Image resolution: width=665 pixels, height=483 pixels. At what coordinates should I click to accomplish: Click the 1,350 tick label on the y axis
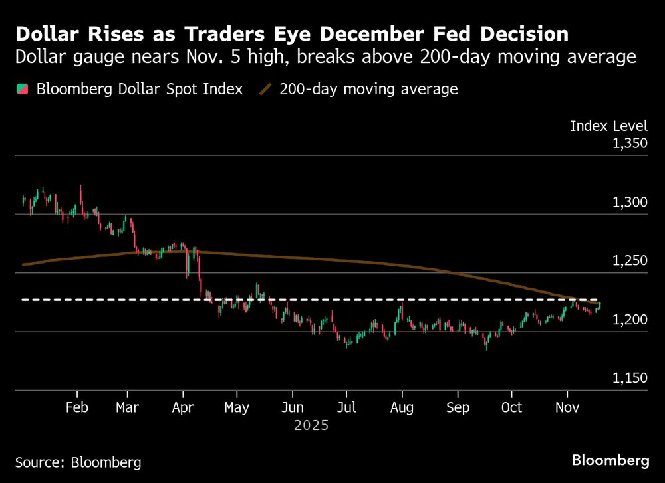[x=630, y=143]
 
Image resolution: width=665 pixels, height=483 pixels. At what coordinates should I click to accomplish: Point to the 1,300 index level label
[x=630, y=202]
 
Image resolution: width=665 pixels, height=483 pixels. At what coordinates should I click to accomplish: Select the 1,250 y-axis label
[x=630, y=260]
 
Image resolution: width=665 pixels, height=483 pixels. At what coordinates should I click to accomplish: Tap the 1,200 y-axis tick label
[x=630, y=320]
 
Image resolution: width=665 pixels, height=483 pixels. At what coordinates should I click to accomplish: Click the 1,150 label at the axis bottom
[x=630, y=378]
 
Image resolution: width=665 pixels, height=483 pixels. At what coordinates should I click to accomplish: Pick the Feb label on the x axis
[x=78, y=407]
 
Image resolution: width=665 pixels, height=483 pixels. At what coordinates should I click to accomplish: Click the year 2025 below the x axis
[x=311, y=425]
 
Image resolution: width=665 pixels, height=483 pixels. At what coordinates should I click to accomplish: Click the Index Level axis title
[x=609, y=126]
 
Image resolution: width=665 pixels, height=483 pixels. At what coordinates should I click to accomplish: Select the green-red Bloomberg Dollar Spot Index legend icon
[x=22, y=89]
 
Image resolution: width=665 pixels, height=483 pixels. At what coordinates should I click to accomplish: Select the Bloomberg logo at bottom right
[x=610, y=460]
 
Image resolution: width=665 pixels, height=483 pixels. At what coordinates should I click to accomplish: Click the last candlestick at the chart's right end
[x=599, y=305]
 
